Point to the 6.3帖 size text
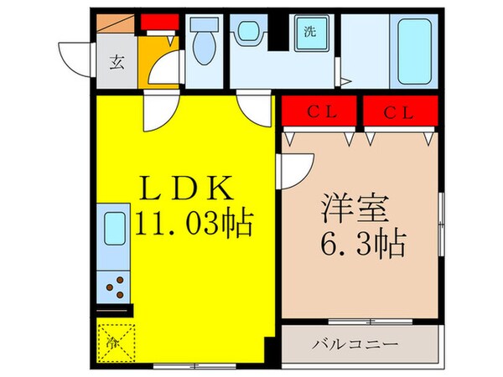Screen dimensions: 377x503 coord(361,244)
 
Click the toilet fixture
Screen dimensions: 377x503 coord(204,47)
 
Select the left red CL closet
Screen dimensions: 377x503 coord(319,109)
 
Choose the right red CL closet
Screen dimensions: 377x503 coord(400,109)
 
